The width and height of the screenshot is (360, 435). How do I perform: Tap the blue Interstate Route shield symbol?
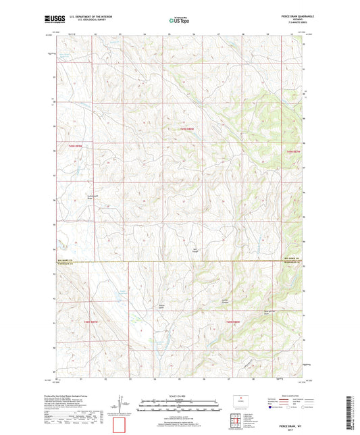[x=272, y=407]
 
